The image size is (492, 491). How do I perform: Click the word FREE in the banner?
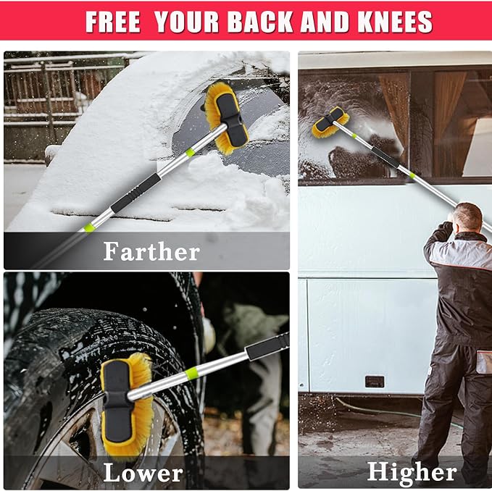112,22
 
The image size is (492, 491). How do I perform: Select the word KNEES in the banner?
395,22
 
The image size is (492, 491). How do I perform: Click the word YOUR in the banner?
186,22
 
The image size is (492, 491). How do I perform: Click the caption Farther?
151,251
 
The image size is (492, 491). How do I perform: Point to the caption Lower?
143,472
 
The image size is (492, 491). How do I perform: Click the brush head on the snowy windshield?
227,119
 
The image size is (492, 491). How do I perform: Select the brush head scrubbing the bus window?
330,122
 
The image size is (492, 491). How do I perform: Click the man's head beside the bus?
467,217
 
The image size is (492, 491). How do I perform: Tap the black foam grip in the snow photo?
136,193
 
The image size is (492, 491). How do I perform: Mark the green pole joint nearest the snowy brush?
190,153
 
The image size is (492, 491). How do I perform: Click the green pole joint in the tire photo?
191,373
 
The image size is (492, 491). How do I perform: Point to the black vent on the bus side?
375,382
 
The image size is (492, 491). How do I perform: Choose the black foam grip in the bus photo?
385,156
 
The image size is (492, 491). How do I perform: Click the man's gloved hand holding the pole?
445,227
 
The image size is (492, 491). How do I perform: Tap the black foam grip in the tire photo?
267,346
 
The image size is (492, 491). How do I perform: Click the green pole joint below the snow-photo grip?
89,227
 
